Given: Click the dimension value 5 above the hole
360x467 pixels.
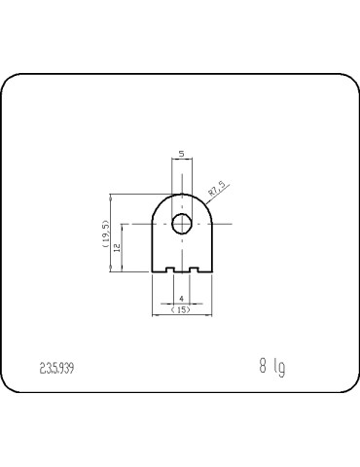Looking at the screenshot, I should click(x=181, y=154).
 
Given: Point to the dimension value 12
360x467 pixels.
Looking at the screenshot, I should click(x=117, y=248).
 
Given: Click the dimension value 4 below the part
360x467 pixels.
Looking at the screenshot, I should click(x=181, y=298).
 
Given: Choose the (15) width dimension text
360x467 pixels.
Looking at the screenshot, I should click(x=181, y=309).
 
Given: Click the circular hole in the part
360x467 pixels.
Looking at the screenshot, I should click(x=181, y=224).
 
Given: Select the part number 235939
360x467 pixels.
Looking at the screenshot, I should click(x=57, y=369).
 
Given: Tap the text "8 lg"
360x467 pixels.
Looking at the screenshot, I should click(x=272, y=368).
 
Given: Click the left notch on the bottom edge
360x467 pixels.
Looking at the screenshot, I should click(x=169, y=269).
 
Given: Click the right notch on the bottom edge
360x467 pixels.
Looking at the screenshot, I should click(x=194, y=269).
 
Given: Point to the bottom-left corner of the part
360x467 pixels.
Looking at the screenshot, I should click(x=154, y=272).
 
